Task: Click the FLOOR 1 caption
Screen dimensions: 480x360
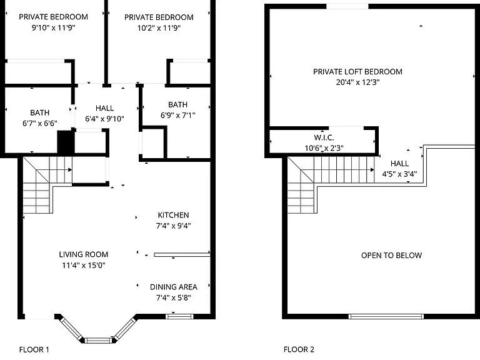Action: tap(34, 349)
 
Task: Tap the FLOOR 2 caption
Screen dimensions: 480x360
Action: tap(299, 349)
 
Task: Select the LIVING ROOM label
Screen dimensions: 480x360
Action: tap(84, 254)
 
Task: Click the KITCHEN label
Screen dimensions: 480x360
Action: tap(173, 215)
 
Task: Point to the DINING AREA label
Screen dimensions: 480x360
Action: tap(174, 287)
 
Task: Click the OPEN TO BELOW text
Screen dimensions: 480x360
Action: tap(391, 255)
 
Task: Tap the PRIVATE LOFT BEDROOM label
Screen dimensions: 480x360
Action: tap(357, 72)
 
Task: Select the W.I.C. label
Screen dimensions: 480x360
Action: tap(324, 137)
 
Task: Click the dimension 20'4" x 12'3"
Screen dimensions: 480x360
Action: tap(357, 82)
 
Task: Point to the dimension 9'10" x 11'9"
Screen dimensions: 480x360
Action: tap(54, 27)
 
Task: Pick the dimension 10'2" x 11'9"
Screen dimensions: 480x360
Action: tap(159, 28)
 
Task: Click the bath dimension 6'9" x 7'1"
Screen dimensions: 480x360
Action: tap(178, 115)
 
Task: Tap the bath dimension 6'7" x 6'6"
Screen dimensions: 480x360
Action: tap(40, 123)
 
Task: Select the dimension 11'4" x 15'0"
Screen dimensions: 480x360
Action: tap(84, 265)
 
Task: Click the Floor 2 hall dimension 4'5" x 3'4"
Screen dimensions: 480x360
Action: tap(399, 174)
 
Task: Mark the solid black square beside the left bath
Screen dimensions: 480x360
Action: tap(64, 141)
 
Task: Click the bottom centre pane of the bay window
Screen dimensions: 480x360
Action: tap(98, 340)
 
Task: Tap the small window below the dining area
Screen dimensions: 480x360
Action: tap(179, 316)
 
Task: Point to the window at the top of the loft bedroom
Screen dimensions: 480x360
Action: tap(347, 6)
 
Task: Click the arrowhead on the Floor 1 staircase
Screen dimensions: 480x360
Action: tap(70, 169)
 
